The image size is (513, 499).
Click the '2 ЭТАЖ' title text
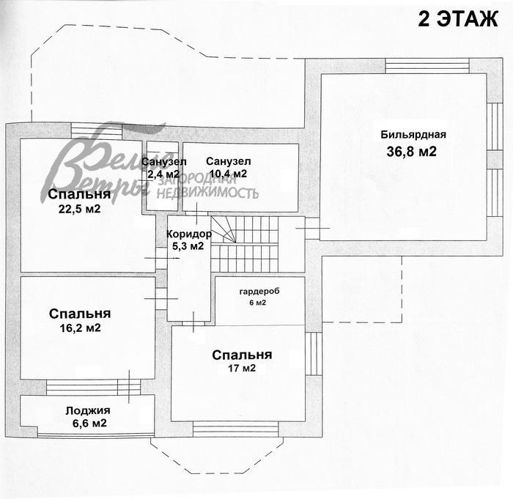click(457, 19)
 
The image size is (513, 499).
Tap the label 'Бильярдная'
click(413, 134)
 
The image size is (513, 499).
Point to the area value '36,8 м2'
click(412, 152)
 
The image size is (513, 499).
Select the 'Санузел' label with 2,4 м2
click(164, 162)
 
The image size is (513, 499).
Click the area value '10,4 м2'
click(227, 174)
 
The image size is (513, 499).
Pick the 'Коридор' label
click(188, 234)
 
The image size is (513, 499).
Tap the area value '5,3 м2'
click(188, 246)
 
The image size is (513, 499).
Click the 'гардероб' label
click(259, 291)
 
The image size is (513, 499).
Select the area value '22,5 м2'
click(80, 209)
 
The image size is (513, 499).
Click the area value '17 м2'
click(242, 369)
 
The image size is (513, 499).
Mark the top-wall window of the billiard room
click(427, 66)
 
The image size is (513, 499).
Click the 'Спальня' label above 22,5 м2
click(80, 195)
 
